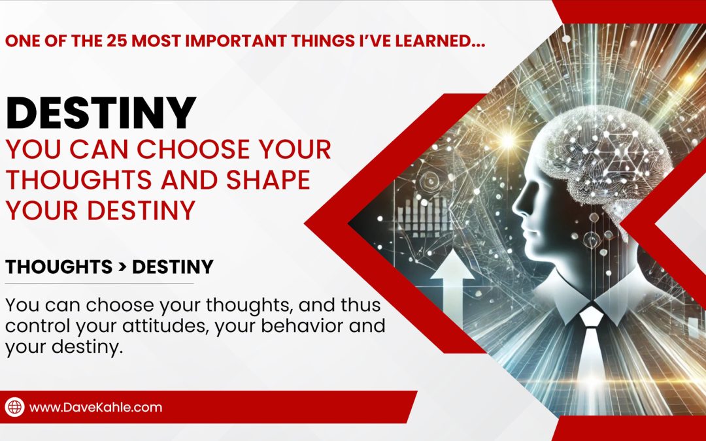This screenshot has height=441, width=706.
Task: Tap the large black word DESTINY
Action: click(101, 112)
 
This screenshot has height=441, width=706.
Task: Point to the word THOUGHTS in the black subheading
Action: click(55, 267)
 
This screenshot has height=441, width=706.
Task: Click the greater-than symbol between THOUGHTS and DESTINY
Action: click(118, 267)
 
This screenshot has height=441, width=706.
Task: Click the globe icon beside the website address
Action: click(15, 407)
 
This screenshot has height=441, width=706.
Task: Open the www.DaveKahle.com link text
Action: click(96, 407)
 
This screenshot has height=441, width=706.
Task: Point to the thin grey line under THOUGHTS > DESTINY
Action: click(99, 283)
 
